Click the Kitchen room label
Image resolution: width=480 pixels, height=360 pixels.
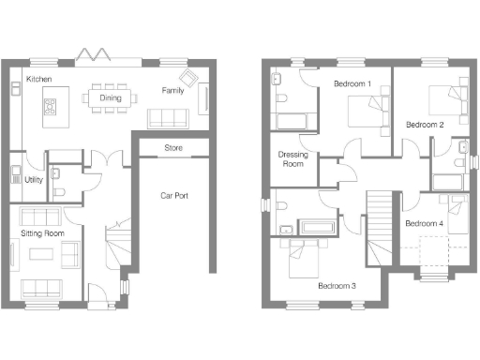(38, 79)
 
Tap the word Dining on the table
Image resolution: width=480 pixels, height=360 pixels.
(110, 97)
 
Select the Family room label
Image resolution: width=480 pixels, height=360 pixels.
(172, 91)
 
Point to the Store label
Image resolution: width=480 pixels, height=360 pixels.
(173, 148)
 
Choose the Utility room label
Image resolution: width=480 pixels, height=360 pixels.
(33, 179)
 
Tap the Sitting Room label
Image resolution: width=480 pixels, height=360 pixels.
(42, 231)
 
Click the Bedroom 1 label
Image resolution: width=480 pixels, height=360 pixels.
(352, 84)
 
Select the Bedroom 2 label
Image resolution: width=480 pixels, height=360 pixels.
(425, 124)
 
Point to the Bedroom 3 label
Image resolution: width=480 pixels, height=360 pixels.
(337, 285)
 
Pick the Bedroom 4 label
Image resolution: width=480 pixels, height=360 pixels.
(424, 223)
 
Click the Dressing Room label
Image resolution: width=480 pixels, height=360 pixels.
(292, 158)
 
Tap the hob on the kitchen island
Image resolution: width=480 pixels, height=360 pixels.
(47, 107)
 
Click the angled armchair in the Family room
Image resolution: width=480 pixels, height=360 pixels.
(189, 79)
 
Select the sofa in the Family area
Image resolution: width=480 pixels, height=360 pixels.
(168, 118)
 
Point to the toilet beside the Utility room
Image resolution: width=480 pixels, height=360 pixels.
(58, 189)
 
